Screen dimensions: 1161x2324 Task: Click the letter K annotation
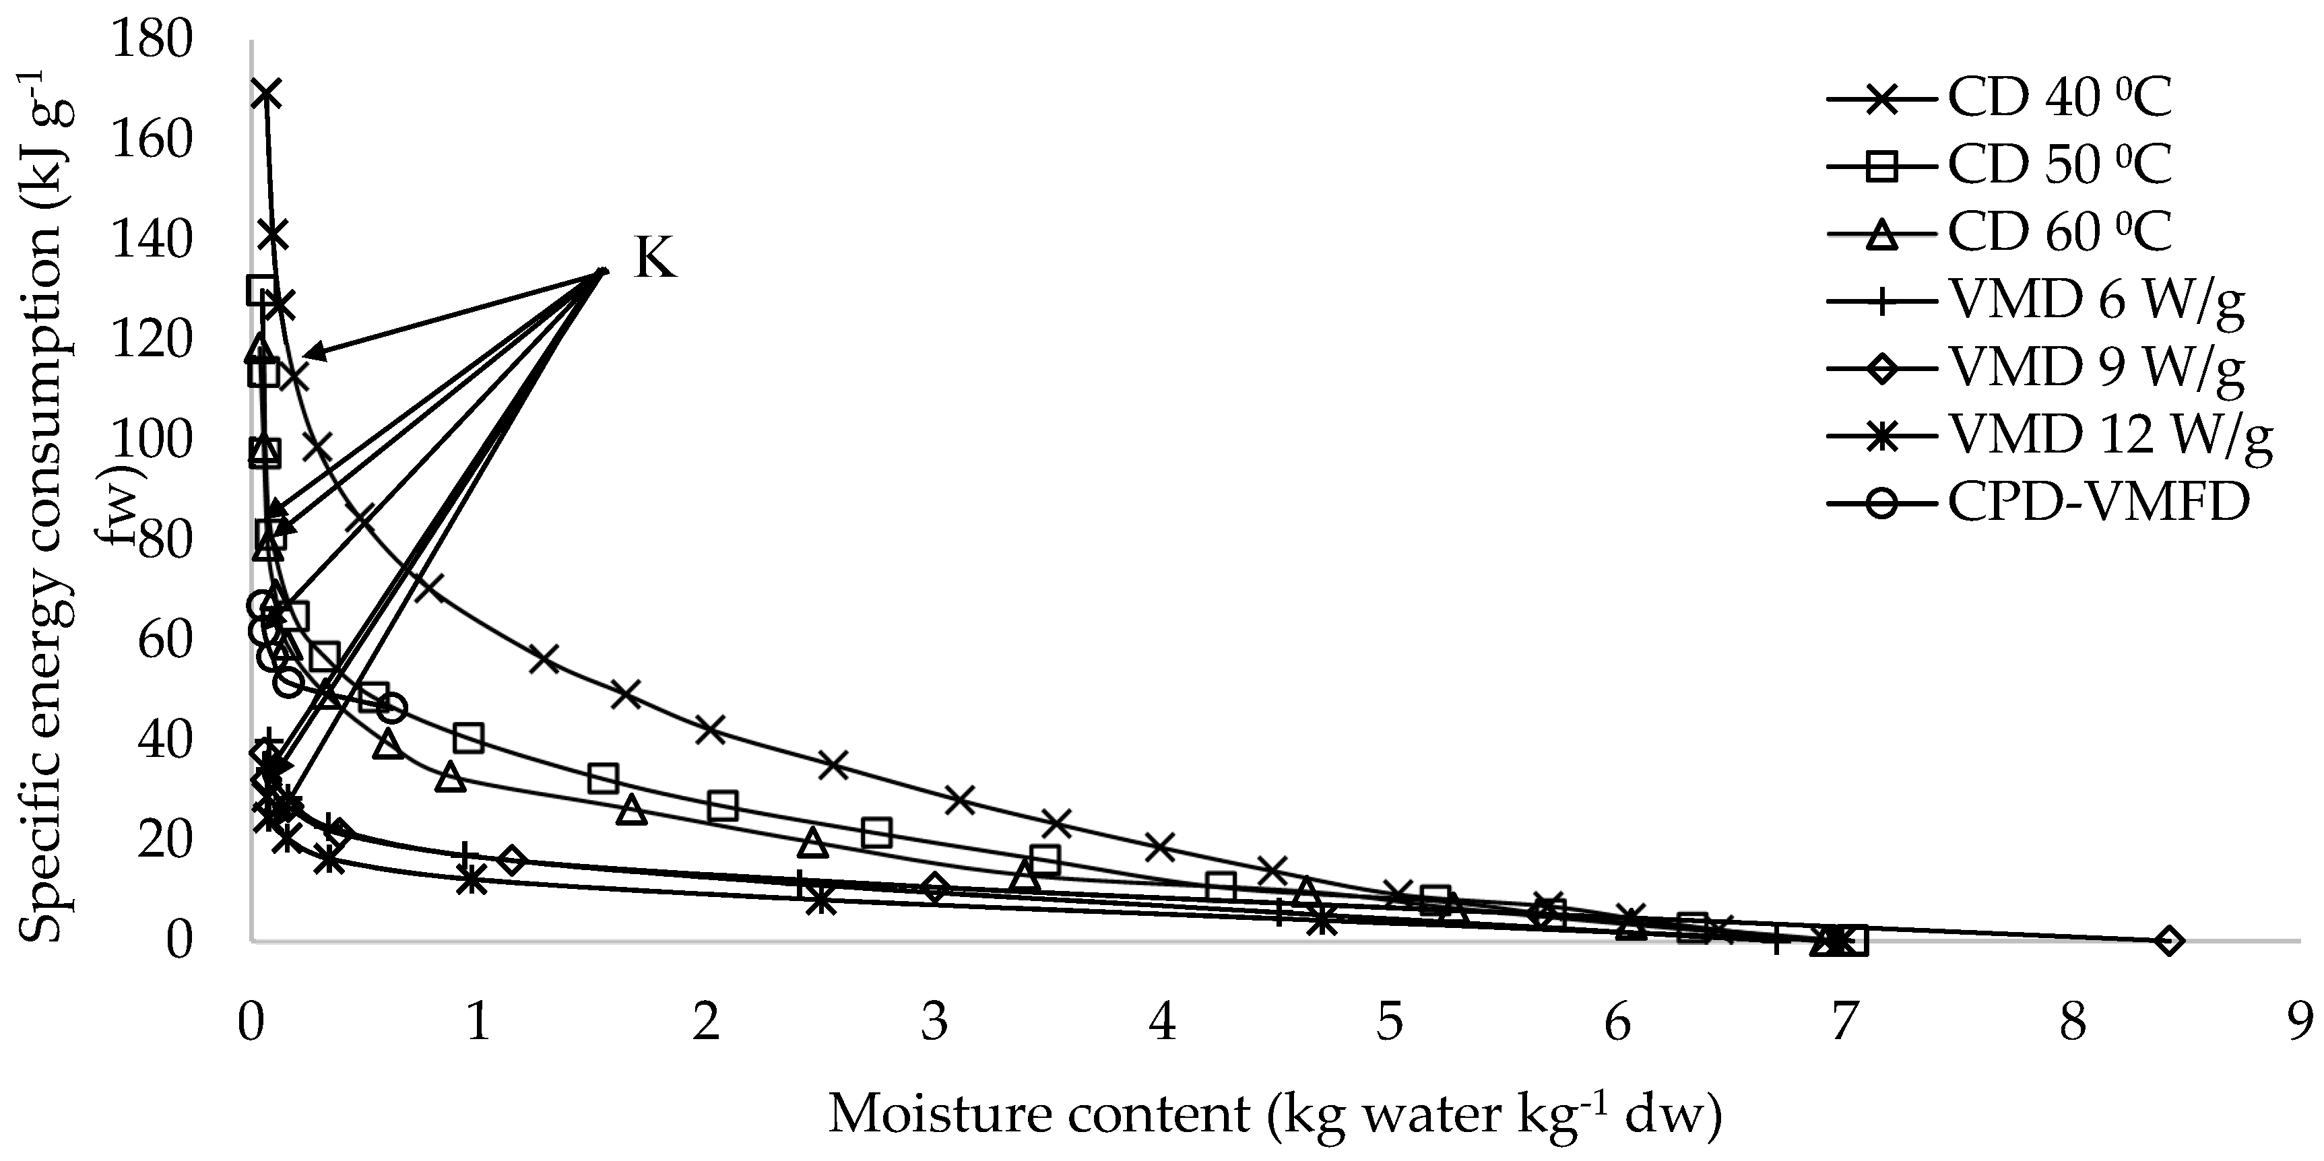coord(655,259)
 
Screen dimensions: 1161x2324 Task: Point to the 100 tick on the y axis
coord(152,442)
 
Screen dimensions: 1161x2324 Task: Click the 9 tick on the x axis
coord(2300,1023)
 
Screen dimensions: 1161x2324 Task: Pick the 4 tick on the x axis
coord(1162,1023)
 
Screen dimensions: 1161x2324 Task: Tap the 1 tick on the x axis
coord(478,1023)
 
